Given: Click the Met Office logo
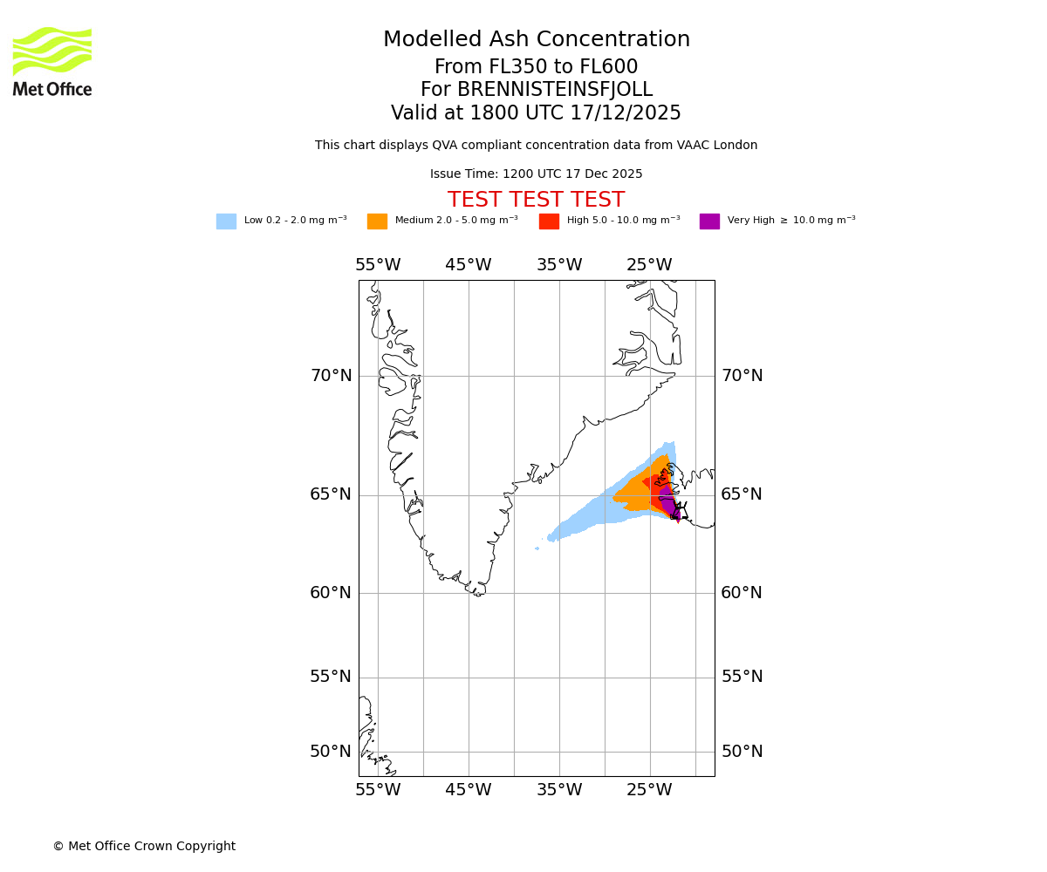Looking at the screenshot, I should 52,61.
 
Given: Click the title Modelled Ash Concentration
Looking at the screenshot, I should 536,39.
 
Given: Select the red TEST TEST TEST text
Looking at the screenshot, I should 536,200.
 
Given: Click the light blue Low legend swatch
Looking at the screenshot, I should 226,221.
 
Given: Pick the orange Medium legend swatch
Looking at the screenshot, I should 377,221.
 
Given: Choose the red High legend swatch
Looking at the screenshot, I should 549,221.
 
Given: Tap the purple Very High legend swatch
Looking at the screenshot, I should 709,221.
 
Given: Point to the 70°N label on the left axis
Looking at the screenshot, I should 332,376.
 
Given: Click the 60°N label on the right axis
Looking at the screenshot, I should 742,593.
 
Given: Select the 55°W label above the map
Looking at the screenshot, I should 378,265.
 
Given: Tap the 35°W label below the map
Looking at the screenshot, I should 559,790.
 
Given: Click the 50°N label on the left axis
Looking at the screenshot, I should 332,752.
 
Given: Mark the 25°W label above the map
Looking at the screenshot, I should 649,265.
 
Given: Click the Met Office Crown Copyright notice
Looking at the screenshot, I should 144,846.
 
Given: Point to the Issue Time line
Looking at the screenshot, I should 536,174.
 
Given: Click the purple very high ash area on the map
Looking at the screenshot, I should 667,503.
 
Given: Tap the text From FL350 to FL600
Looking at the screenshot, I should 536,67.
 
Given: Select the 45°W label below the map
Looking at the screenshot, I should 469,790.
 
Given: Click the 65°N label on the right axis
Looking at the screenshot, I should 742,494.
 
